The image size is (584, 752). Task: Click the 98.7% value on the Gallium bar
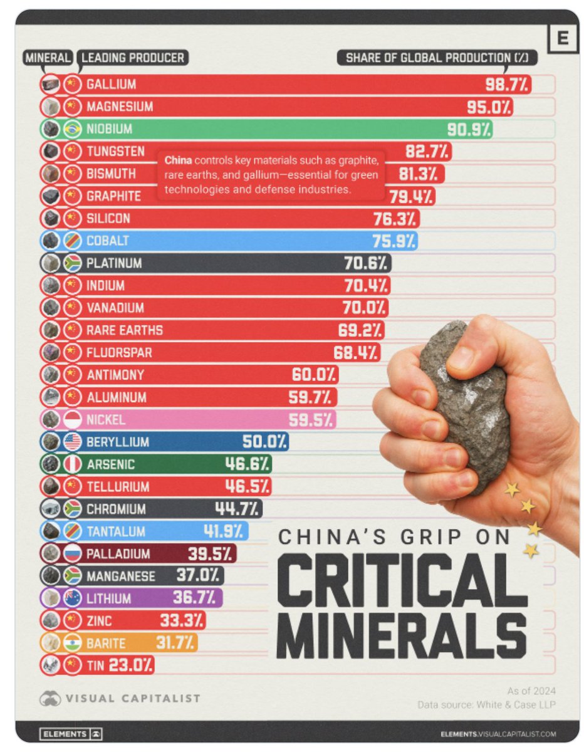[x=507, y=84]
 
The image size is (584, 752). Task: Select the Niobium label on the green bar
[x=110, y=129]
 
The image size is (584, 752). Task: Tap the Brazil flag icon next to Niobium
[x=73, y=129]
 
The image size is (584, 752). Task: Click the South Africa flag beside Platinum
[x=73, y=263]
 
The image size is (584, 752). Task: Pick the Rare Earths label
[x=125, y=330]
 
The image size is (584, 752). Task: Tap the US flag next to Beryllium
[x=73, y=442]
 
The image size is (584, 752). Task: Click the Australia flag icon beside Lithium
[x=73, y=598]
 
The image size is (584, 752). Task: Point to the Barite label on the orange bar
[x=107, y=643]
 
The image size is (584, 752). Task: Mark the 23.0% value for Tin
[x=130, y=665]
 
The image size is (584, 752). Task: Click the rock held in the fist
[x=467, y=401]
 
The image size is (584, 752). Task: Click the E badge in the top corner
[x=562, y=39]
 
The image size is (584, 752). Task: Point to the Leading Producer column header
[x=133, y=58]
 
